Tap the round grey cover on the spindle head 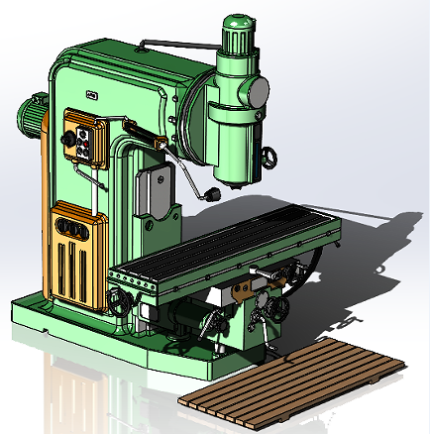point(258,92)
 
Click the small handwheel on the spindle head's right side point(268,158)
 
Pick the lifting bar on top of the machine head point(174,45)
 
